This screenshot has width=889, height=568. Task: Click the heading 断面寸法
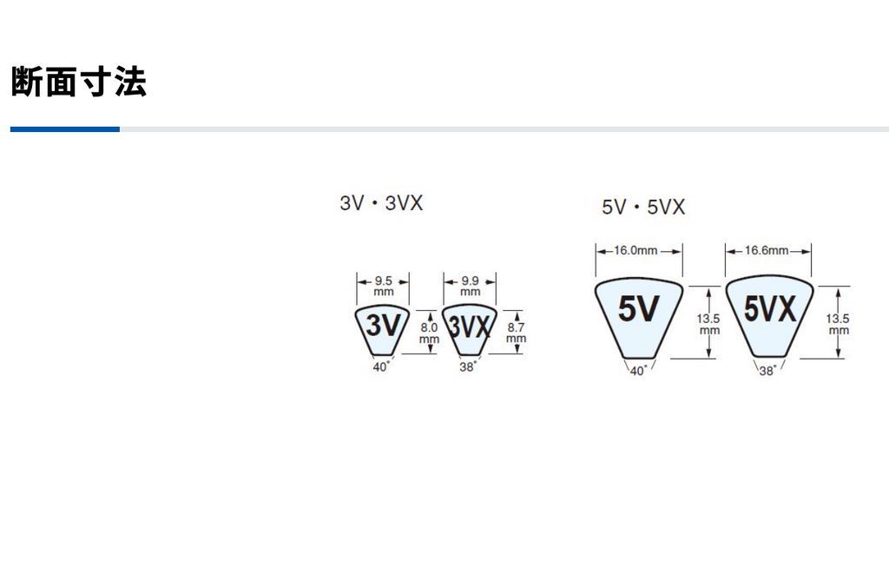click(79, 82)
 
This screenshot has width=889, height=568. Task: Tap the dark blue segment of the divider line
click(65, 129)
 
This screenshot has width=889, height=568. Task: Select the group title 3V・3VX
click(382, 203)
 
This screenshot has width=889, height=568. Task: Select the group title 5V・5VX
click(643, 207)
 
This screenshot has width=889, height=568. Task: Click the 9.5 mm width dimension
click(383, 286)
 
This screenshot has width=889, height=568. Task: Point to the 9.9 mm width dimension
click(470, 286)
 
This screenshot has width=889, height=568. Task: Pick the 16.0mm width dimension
click(635, 250)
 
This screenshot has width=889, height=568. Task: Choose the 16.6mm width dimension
click(767, 250)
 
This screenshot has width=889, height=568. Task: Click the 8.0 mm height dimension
click(429, 334)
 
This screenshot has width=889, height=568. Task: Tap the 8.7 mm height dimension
click(516, 334)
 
